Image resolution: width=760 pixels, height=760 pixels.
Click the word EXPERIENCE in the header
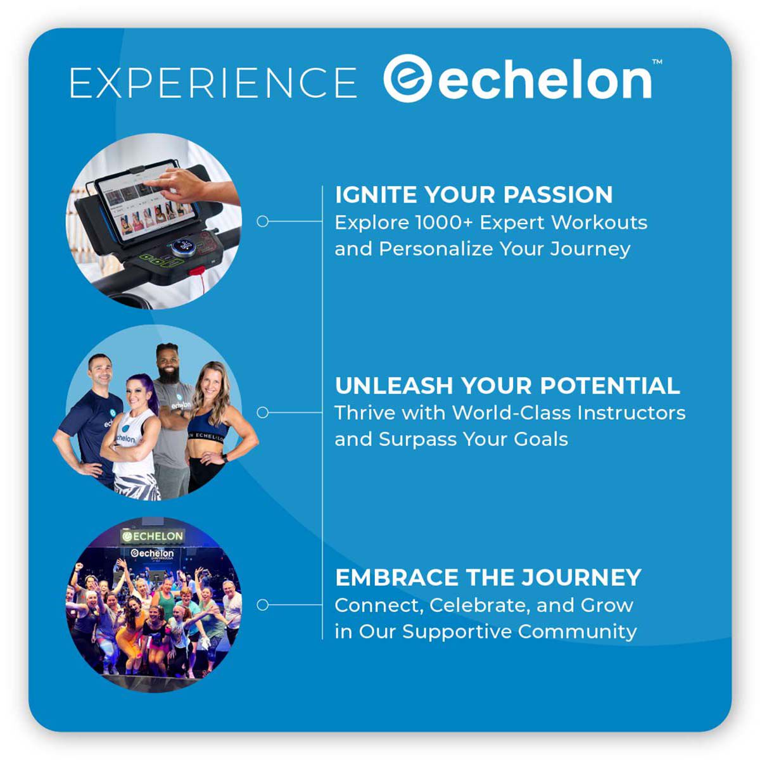click(x=213, y=82)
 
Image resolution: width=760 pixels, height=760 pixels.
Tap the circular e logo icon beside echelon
click(x=408, y=79)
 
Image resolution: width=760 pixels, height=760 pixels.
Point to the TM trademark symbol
click(x=657, y=61)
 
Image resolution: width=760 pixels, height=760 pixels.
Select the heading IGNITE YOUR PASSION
click(x=474, y=194)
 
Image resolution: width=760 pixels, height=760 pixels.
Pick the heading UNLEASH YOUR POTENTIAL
click(x=507, y=386)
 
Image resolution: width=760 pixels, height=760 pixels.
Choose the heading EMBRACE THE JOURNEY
click(x=488, y=578)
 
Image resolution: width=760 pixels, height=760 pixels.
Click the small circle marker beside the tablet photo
click(x=263, y=221)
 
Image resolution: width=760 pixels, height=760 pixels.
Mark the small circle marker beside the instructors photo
click(x=263, y=412)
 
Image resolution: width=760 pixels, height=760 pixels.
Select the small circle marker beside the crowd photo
click(x=263, y=605)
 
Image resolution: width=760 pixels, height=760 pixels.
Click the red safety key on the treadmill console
click(x=197, y=273)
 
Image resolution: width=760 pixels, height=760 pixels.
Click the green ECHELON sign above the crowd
click(x=153, y=536)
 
